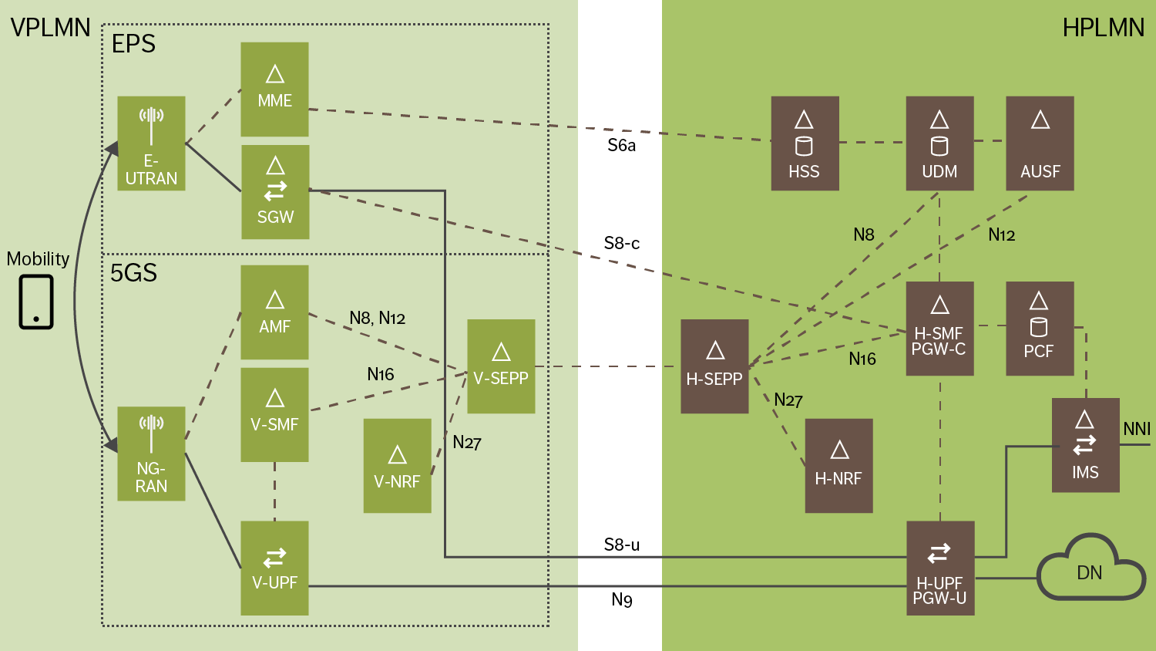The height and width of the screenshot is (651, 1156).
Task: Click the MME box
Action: point(274,89)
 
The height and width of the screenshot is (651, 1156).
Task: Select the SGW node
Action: point(275,192)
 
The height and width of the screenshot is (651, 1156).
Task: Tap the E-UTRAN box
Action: point(151,143)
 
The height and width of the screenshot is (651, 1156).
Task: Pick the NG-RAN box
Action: point(151,454)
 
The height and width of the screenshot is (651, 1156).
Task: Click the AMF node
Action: point(274,312)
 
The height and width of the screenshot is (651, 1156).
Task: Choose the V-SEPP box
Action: point(501,366)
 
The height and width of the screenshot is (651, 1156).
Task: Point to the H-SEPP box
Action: point(714,366)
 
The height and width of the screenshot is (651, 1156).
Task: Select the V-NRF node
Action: point(397,466)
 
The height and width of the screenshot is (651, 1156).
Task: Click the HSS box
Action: point(805,143)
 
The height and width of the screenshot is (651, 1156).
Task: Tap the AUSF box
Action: point(1040,143)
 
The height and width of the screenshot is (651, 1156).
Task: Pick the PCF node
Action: point(1039,329)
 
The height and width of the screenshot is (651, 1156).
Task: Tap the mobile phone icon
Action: point(36,302)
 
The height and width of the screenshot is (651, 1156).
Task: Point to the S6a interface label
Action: point(621,146)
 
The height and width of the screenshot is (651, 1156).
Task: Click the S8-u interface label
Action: point(621,545)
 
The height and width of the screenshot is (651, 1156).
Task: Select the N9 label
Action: point(621,599)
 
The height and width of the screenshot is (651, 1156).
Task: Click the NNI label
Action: point(1136,429)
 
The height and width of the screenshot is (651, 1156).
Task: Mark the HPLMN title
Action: point(1103,28)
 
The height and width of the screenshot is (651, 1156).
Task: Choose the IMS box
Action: point(1085,445)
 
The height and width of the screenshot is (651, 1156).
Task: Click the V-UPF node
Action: point(274,568)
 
